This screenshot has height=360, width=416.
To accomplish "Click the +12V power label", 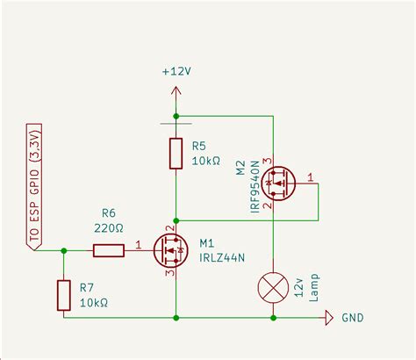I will [177, 71].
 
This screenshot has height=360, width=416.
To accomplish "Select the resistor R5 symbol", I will [176, 154].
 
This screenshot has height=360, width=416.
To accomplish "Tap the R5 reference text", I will [199, 145].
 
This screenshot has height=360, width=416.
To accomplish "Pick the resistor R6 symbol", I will [109, 250].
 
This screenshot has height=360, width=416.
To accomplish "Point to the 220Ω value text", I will [109, 227].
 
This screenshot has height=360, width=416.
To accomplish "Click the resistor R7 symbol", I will [63, 295].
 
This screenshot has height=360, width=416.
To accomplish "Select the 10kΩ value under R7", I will [92, 303].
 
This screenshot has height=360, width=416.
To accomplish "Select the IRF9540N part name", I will [253, 184].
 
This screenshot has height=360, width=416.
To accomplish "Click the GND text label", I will [352, 318].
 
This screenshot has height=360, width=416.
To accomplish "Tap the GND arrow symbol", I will [329, 317].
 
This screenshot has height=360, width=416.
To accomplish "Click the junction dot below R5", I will [176, 220].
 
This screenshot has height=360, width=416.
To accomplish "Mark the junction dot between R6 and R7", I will [63, 250].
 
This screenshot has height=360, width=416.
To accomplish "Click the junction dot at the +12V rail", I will [176, 116].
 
